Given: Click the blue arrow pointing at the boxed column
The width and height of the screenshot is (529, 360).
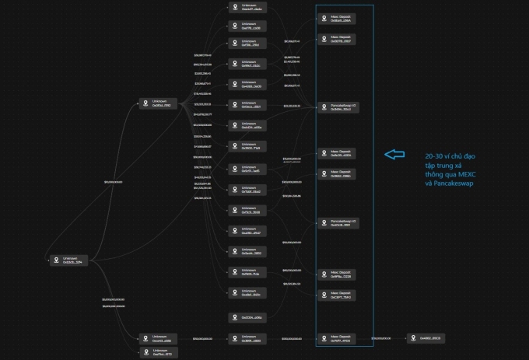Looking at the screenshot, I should click(x=395, y=155).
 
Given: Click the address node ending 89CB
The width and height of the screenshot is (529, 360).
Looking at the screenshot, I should click(x=427, y=338).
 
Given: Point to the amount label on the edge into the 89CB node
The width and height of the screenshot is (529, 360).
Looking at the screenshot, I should click(x=381, y=338).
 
